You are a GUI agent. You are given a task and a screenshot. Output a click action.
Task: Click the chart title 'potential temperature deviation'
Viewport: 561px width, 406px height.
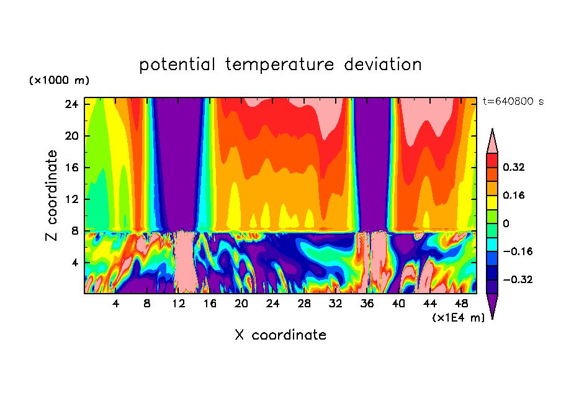[280, 65]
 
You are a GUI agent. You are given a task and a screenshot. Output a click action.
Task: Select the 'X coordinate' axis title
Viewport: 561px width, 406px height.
[280, 335]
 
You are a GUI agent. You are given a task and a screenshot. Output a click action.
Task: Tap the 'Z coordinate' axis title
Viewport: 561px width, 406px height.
[52, 196]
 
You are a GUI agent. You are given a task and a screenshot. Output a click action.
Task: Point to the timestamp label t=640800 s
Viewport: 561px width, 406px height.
[513, 101]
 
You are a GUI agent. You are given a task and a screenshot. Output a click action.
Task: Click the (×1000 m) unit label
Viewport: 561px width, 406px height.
[59, 81]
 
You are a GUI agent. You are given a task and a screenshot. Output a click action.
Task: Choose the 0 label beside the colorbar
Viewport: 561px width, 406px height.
[506, 223]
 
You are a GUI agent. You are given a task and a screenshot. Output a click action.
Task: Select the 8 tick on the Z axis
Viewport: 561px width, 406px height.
[75, 231]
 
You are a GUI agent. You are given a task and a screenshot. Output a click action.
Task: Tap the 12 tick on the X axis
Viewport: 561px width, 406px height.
[179, 304]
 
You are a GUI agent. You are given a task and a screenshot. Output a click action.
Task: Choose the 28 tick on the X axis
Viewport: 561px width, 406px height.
[304, 304]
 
